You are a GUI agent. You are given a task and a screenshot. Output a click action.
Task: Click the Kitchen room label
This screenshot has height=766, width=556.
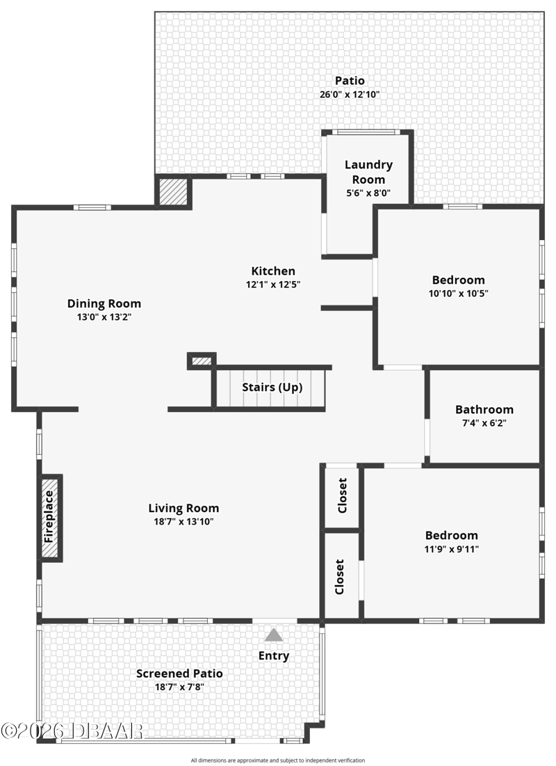pos(273,271)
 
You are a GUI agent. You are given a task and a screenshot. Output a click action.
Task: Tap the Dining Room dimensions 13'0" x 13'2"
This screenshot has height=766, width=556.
pos(104,317)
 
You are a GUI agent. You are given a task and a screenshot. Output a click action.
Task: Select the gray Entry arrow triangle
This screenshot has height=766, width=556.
pos(274,635)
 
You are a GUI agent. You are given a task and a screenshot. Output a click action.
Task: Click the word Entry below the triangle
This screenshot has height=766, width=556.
pos(274,656)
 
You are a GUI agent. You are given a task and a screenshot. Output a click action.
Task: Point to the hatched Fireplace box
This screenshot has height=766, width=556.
pos(50,518)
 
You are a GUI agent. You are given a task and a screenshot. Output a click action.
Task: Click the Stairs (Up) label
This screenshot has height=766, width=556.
pos(272,388)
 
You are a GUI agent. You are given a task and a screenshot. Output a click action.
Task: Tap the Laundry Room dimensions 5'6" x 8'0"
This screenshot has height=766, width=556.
pos(368,193)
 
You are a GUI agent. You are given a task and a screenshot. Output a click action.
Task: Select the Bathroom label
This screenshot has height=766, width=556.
pos(484,409)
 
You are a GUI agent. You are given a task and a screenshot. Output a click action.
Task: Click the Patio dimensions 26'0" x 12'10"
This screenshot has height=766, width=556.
pos(350,95)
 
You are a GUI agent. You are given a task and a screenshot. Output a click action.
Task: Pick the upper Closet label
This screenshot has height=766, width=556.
pos(342,495)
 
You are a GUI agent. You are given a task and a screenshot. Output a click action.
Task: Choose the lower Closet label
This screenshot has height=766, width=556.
pos(340,577)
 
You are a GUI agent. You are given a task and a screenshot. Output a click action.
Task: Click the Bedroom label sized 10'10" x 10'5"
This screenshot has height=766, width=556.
pos(459,280)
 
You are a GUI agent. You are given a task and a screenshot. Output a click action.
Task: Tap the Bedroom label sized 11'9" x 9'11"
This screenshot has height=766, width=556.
pos(452,536)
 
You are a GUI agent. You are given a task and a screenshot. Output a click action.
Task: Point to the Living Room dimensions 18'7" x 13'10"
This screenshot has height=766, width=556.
pos(183,522)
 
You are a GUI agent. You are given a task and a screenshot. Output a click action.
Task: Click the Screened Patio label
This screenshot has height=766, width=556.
pos(179,673)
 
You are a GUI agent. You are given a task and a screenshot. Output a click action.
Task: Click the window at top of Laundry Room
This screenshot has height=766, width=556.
pos(366,131)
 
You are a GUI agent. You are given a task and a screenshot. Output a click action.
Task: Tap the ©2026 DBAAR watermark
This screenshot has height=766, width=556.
pos(72,731)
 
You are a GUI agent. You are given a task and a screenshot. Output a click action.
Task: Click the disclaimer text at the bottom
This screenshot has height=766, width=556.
pos(278,760)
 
